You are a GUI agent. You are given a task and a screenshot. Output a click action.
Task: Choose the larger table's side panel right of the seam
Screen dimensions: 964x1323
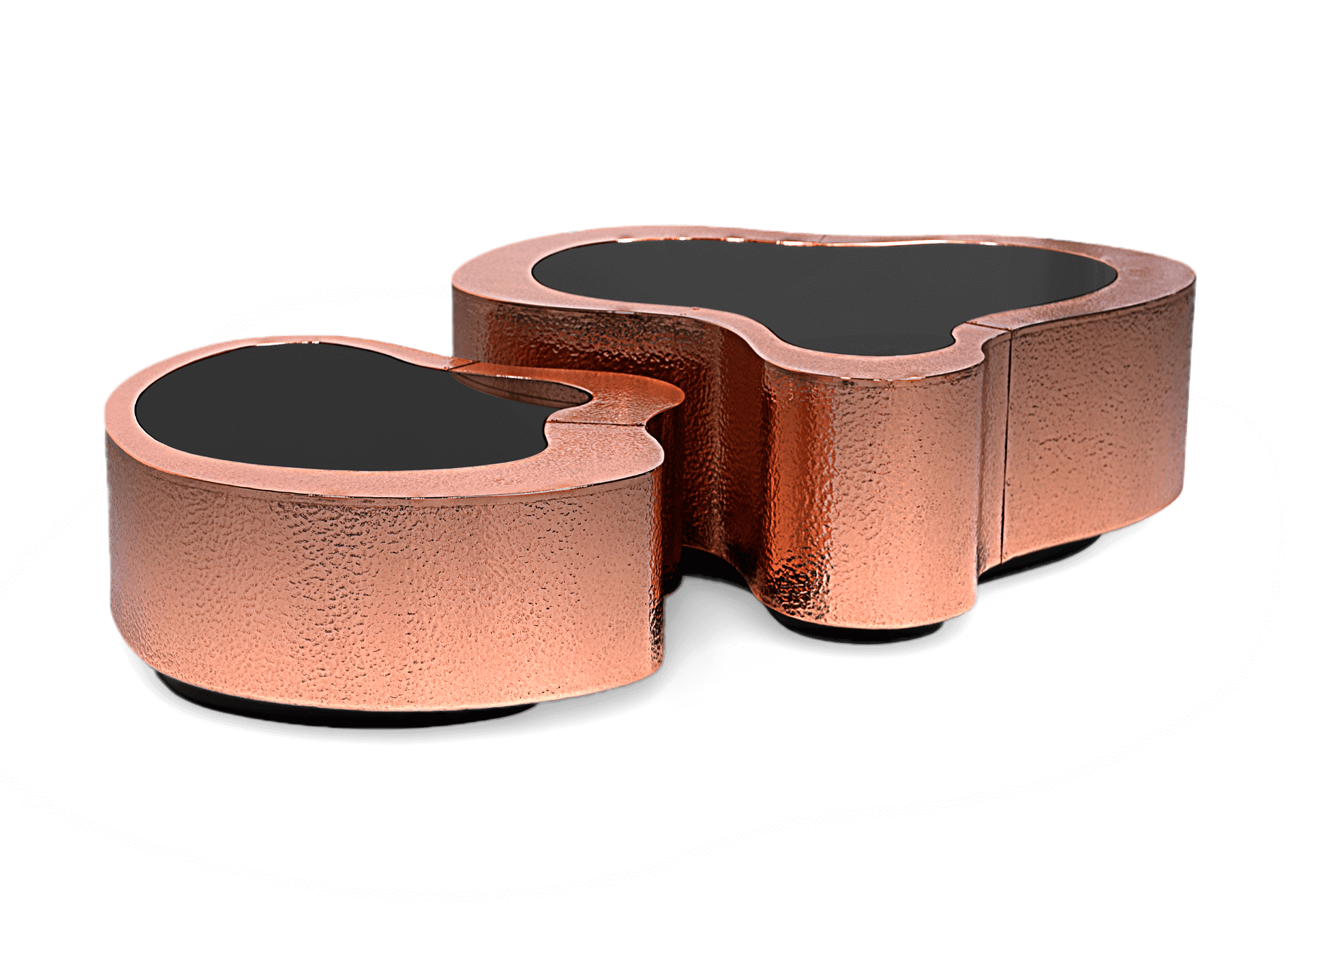[x=1098, y=434]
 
